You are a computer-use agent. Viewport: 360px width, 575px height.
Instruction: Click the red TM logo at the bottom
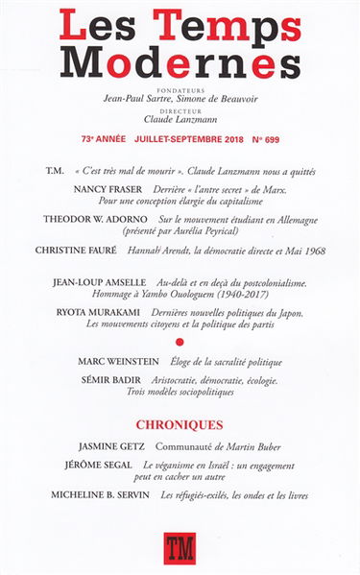point(180,548)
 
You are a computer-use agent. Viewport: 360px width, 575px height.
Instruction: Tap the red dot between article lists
point(180,341)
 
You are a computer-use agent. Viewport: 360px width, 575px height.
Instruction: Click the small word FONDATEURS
point(180,84)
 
